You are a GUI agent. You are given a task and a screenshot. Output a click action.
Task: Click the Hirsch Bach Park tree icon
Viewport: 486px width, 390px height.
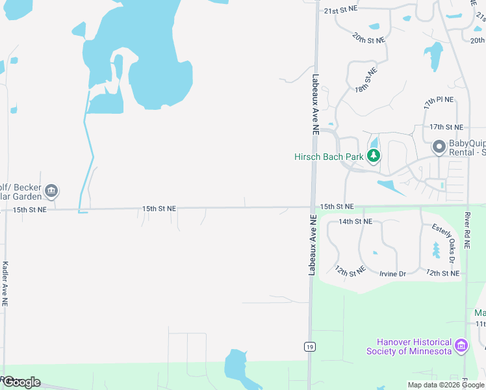tap(374, 156)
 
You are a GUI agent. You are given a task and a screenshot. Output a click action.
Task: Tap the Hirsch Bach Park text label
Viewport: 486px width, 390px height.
tap(329, 157)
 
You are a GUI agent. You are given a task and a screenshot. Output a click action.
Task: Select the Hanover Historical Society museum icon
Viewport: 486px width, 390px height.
tap(461, 346)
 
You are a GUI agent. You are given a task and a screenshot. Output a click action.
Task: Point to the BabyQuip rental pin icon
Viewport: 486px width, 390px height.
tap(439, 147)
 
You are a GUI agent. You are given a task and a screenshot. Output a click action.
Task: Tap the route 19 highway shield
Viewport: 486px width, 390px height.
tap(311, 347)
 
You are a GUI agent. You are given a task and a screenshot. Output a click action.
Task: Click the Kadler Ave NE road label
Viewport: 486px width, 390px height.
tap(5, 284)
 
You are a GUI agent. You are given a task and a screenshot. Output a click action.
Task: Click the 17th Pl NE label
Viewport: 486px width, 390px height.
tap(439, 103)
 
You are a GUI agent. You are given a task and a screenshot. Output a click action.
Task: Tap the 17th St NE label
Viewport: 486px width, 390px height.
tap(446, 127)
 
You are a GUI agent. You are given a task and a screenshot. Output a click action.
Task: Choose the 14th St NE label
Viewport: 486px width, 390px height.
tap(355, 222)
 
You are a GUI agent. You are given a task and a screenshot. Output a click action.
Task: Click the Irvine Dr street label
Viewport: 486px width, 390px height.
tap(392, 274)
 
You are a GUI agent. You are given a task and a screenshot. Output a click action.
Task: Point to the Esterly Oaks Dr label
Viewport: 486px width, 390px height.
tap(443, 239)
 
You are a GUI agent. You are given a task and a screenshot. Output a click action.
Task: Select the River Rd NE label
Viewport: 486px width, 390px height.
tap(467, 231)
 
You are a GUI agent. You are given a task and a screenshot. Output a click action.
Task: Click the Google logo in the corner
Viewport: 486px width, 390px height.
tap(21, 382)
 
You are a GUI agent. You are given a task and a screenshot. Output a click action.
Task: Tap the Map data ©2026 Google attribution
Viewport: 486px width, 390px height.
tap(446, 385)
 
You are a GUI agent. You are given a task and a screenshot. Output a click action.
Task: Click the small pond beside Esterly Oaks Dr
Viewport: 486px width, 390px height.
tap(436, 250)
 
